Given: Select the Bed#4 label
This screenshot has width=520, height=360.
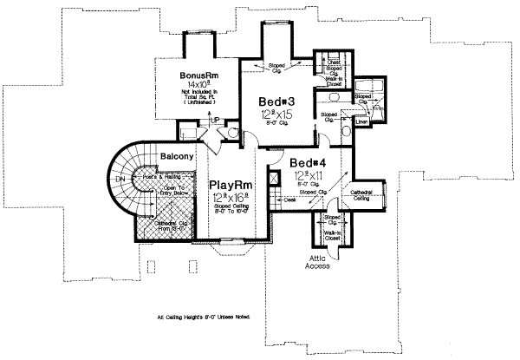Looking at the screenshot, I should pyautogui.click(x=309, y=163).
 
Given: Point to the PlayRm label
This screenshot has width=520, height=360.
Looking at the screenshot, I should pyautogui.click(x=230, y=186).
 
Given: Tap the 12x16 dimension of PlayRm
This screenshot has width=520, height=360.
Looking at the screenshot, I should pyautogui.click(x=230, y=199).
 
